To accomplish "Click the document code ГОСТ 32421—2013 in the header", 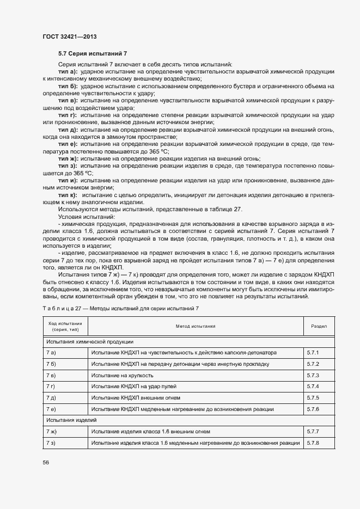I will pos(69,37).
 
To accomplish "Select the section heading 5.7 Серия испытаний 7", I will pos(93,54).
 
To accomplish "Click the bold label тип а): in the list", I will pos(68,72).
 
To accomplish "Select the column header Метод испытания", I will pos(195,326).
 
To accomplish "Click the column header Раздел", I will pos(319,326).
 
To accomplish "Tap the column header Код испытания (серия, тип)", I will pos(65,326).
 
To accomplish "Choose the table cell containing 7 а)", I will pos(52,353).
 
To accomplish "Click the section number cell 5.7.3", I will pos(313,375).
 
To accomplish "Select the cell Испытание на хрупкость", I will pos(123,375).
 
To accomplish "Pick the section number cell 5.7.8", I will pos(313,443).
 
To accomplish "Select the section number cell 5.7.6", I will pos(313,409).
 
